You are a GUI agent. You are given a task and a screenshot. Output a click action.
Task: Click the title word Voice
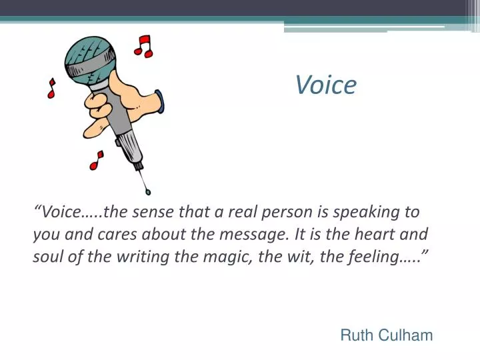(x=326, y=85)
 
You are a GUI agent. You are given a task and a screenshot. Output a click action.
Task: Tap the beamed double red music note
(x=143, y=46)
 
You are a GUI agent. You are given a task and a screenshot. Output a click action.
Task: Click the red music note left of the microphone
(x=51, y=89)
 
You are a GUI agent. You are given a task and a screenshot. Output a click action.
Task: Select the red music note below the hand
(x=97, y=160)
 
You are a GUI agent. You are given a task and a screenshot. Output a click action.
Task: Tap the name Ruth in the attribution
(x=356, y=335)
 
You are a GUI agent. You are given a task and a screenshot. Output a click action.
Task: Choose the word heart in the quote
(x=377, y=235)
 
